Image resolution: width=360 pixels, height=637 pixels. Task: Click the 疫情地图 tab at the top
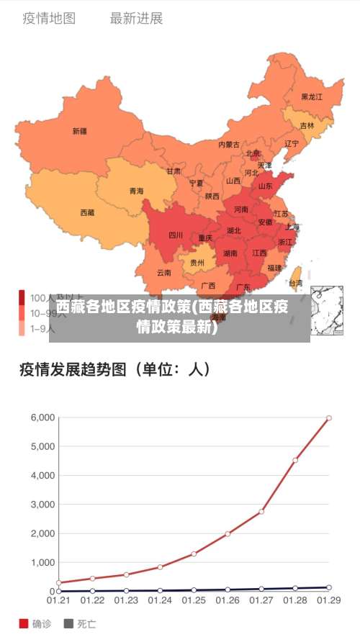pos(49,19)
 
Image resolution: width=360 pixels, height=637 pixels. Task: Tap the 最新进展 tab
pos(136,19)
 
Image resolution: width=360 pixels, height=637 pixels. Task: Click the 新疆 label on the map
pos(79,131)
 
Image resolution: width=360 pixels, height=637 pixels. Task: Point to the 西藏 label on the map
pos(87,212)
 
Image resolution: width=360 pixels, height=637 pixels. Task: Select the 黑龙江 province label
pos(312,96)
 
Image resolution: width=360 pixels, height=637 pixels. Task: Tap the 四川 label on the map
pos(176,235)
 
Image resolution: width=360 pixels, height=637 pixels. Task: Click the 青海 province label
pos(136,191)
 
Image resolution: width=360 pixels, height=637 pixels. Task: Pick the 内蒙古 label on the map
pos(229,144)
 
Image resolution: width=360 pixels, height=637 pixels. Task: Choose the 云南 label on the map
pos(164,272)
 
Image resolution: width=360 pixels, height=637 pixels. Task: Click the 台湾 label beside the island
pos(295,283)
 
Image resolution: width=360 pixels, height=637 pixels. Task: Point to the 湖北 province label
pos(234,230)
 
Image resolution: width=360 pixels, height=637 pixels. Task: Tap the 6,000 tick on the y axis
pos(42,417)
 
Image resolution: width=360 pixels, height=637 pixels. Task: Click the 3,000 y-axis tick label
pos(42,505)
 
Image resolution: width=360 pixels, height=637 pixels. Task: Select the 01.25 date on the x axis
pos(194,600)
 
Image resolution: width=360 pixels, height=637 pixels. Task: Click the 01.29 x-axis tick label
pos(329,600)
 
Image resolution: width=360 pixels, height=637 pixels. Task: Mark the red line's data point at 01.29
pos(329,417)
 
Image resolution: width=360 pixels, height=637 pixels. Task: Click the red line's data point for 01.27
pos(261,511)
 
